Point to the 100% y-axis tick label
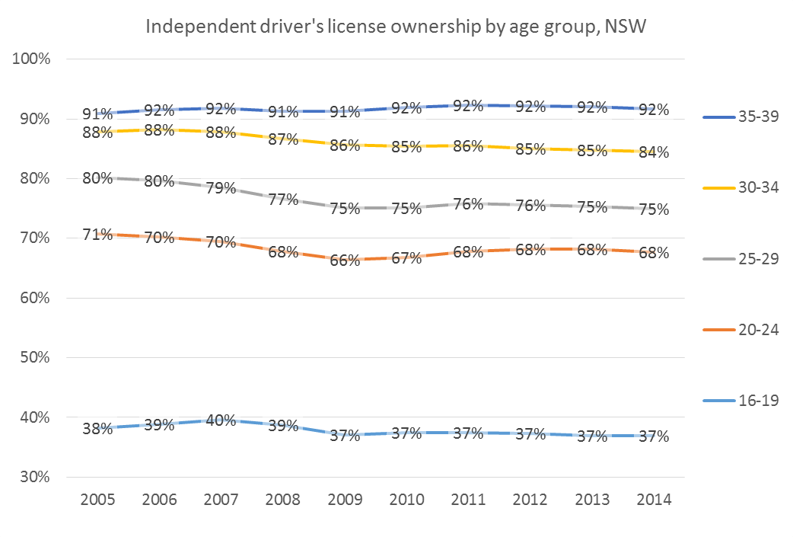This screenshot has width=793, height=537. tap(31, 59)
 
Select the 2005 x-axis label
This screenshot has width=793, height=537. tap(98, 500)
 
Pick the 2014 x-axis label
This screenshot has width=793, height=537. tap(653, 500)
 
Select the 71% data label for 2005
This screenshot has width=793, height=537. tap(98, 234)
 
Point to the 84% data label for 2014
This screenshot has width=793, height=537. tap(653, 152)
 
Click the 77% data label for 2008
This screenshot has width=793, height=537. tap(283, 200)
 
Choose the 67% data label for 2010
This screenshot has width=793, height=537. tap(406, 258)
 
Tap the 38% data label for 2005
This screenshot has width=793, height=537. tap(98, 429)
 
